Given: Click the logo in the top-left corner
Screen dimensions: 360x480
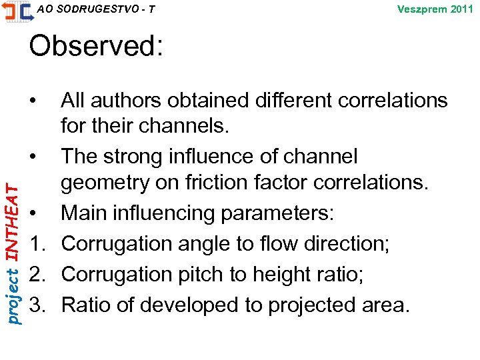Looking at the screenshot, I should point(17,11).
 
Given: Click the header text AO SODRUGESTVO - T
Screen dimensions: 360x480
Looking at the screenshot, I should point(97,9).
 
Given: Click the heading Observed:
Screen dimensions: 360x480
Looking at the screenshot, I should point(95,47).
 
